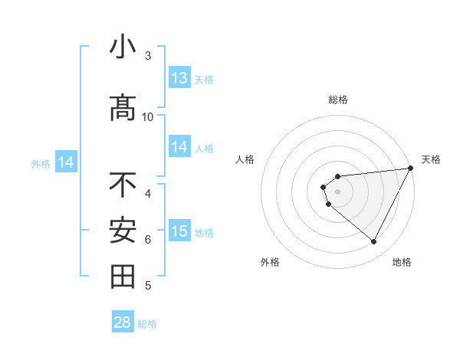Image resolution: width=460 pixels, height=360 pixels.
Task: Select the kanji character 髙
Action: (x=123, y=108)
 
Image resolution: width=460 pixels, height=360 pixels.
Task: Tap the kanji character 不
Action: (x=123, y=185)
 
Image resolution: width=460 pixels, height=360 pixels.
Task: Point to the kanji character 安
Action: (x=123, y=231)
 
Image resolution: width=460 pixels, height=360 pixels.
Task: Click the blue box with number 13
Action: (x=179, y=78)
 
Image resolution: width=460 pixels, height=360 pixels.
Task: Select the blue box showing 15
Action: (x=179, y=231)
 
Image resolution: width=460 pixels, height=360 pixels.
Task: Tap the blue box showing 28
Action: (x=123, y=322)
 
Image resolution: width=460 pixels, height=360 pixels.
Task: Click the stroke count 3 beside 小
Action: (x=148, y=56)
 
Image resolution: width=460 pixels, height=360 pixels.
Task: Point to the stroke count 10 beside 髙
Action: (x=148, y=116)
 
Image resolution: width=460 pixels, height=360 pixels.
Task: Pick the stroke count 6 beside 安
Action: (x=148, y=240)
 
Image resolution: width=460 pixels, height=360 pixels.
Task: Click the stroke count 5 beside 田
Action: (x=148, y=286)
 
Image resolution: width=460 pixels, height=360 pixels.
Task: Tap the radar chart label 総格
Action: (x=338, y=100)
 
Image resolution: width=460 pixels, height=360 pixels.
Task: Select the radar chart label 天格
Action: (x=431, y=159)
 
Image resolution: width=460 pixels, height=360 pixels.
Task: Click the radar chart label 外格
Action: (x=270, y=262)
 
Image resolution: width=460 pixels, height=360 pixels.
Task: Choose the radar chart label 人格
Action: (x=245, y=159)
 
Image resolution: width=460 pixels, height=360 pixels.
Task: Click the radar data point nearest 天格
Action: (x=411, y=168)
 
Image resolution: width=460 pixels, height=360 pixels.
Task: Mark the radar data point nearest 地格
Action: (x=373, y=242)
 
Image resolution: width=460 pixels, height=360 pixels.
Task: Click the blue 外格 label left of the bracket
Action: (x=40, y=163)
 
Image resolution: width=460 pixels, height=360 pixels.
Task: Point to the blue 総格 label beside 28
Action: (x=147, y=324)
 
